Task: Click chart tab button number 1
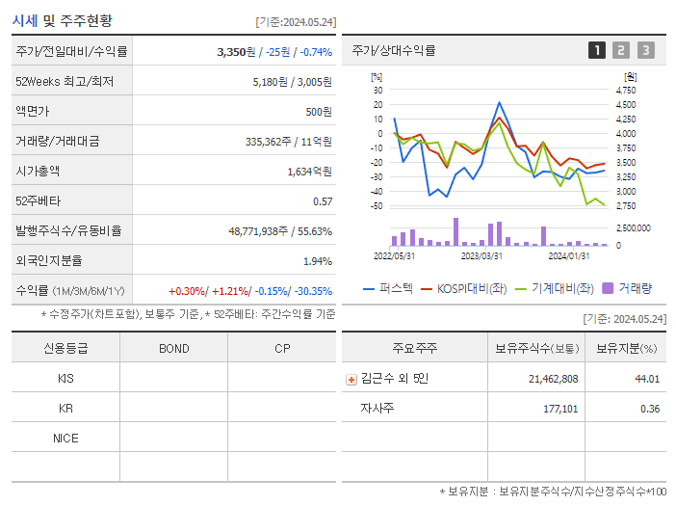(x=597, y=50)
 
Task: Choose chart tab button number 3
(x=645, y=50)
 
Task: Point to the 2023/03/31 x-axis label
(x=481, y=255)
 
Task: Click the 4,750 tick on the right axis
(x=625, y=90)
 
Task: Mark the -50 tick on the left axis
(x=376, y=206)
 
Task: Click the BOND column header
(x=173, y=349)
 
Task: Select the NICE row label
(x=65, y=439)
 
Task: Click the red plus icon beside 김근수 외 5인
(x=351, y=379)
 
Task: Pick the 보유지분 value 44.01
(x=646, y=379)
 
